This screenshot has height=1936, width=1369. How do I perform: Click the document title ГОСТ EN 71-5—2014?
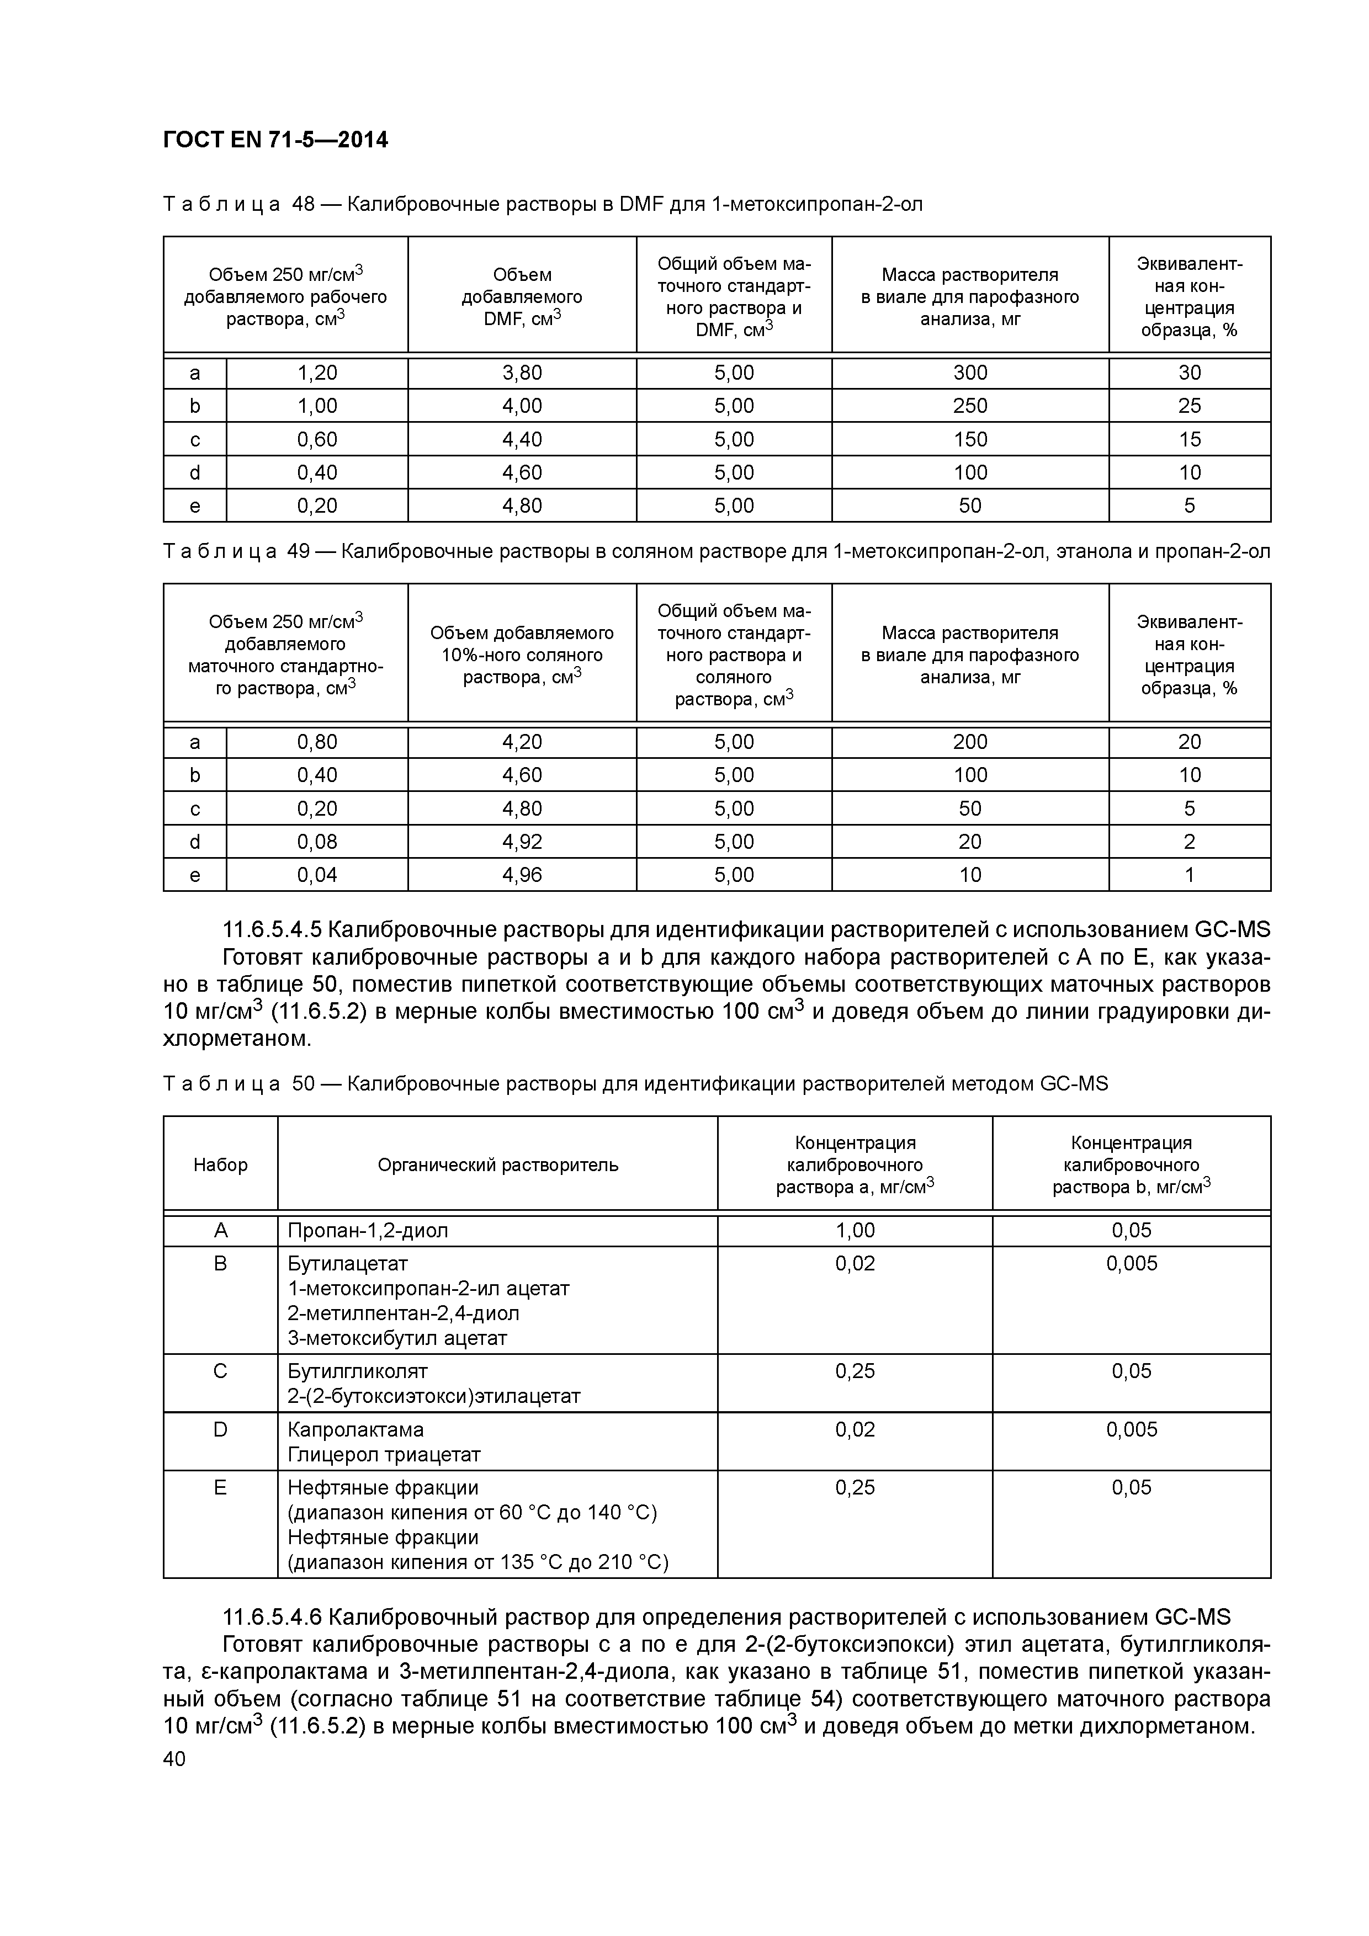point(275,140)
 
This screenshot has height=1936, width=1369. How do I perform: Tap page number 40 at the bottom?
point(174,1759)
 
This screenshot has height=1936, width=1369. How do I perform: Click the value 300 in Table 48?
point(969,373)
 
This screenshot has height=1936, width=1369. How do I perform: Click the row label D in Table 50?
point(220,1429)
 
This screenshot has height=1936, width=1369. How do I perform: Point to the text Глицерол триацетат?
point(384,1455)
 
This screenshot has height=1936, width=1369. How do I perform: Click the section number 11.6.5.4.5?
point(272,930)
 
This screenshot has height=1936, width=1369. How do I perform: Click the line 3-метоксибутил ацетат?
point(397,1338)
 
